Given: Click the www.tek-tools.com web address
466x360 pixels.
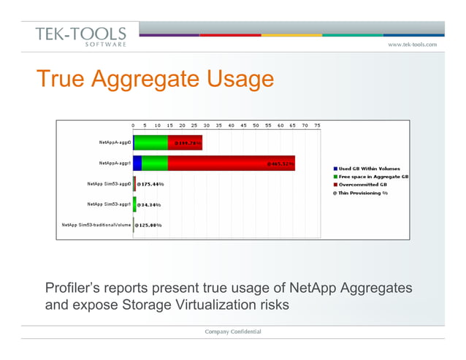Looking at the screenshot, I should click(x=412, y=45).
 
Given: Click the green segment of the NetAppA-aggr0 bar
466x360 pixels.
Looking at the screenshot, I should click(x=151, y=142).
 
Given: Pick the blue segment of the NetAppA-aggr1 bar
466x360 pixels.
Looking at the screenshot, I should click(x=137, y=163).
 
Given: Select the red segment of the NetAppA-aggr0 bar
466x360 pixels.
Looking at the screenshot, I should click(x=185, y=142).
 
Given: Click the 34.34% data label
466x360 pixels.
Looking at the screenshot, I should click(x=149, y=204).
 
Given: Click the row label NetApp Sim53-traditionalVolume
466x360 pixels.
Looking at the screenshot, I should click(x=96, y=225).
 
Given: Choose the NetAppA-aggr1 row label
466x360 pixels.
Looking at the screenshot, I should click(x=115, y=163).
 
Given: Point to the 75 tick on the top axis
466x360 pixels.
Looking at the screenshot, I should click(x=317, y=125).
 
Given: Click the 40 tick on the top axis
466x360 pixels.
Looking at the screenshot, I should click(x=231, y=125).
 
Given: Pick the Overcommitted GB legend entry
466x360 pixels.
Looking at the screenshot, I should click(x=365, y=185).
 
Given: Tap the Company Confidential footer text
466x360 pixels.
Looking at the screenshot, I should click(x=232, y=332).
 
